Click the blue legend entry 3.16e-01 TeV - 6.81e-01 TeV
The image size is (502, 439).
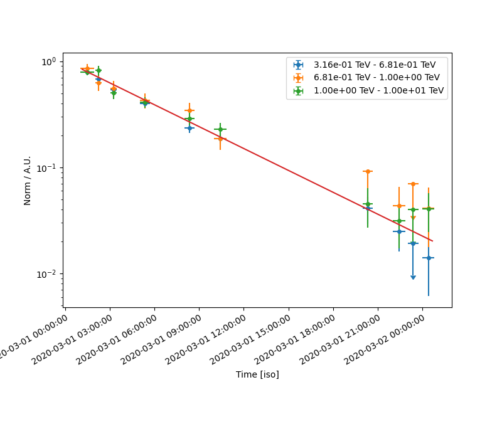coord(374,65)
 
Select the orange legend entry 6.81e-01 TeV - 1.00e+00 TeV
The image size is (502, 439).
coord(376,78)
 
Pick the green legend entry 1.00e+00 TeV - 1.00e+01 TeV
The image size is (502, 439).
coord(378,90)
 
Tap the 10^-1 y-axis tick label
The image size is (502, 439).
coord(48,168)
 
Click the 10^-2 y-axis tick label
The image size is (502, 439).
coord(48,274)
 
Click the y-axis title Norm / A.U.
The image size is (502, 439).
coord(28,180)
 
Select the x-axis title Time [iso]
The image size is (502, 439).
coord(257,374)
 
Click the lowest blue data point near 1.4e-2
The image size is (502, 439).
coord(429,258)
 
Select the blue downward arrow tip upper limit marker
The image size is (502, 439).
coord(413,277)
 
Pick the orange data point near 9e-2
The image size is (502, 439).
coord(368,171)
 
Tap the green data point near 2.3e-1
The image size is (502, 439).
coord(220,129)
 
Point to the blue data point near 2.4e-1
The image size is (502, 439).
coord(190,128)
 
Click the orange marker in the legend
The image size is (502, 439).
coord(298,78)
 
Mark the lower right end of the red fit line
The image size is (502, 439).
coord(432,241)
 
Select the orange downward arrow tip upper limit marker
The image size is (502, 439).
coord(413,218)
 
